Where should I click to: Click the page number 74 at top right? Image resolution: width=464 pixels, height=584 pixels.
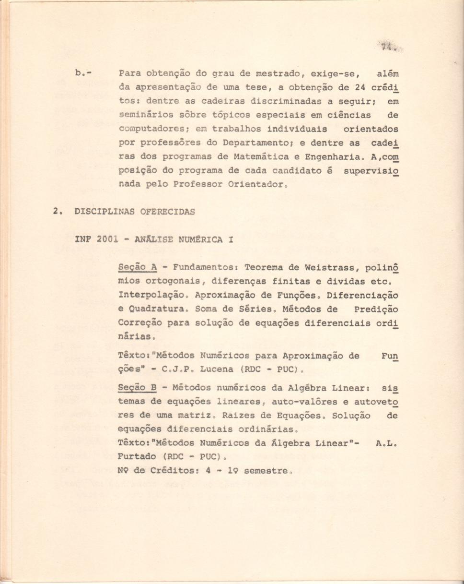click(387, 47)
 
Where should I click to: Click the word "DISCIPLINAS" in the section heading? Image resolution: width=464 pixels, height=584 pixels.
click(99, 212)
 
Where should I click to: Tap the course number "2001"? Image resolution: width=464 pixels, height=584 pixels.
click(107, 239)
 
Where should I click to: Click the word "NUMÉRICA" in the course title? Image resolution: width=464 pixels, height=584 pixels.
click(199, 239)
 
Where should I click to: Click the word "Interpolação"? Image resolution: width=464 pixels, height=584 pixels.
click(148, 295)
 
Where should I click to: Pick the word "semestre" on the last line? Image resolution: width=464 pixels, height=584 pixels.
click(266, 471)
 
